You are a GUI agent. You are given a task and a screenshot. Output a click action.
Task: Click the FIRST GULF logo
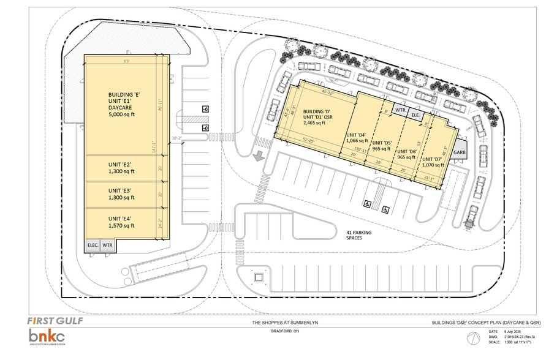click(56, 320)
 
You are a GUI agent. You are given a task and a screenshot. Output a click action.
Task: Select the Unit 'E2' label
click(121, 168)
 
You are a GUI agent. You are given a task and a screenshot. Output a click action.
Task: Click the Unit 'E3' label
click(121, 194)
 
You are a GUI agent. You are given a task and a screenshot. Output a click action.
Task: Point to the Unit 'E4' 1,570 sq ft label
click(121, 222)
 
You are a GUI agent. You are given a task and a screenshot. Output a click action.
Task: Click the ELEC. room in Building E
click(93, 245)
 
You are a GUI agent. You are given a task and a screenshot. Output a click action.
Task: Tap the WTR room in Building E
click(107, 245)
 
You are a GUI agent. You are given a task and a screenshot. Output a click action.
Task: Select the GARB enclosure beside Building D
click(460, 152)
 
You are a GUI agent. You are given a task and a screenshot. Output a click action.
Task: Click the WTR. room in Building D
click(401, 110)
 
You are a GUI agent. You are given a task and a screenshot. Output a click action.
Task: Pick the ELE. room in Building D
click(415, 114)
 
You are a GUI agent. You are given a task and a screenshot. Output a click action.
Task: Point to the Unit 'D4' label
click(355, 137)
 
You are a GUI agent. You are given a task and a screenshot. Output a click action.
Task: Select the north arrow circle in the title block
click(472, 338)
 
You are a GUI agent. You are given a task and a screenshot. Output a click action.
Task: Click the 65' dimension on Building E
click(126, 61)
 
